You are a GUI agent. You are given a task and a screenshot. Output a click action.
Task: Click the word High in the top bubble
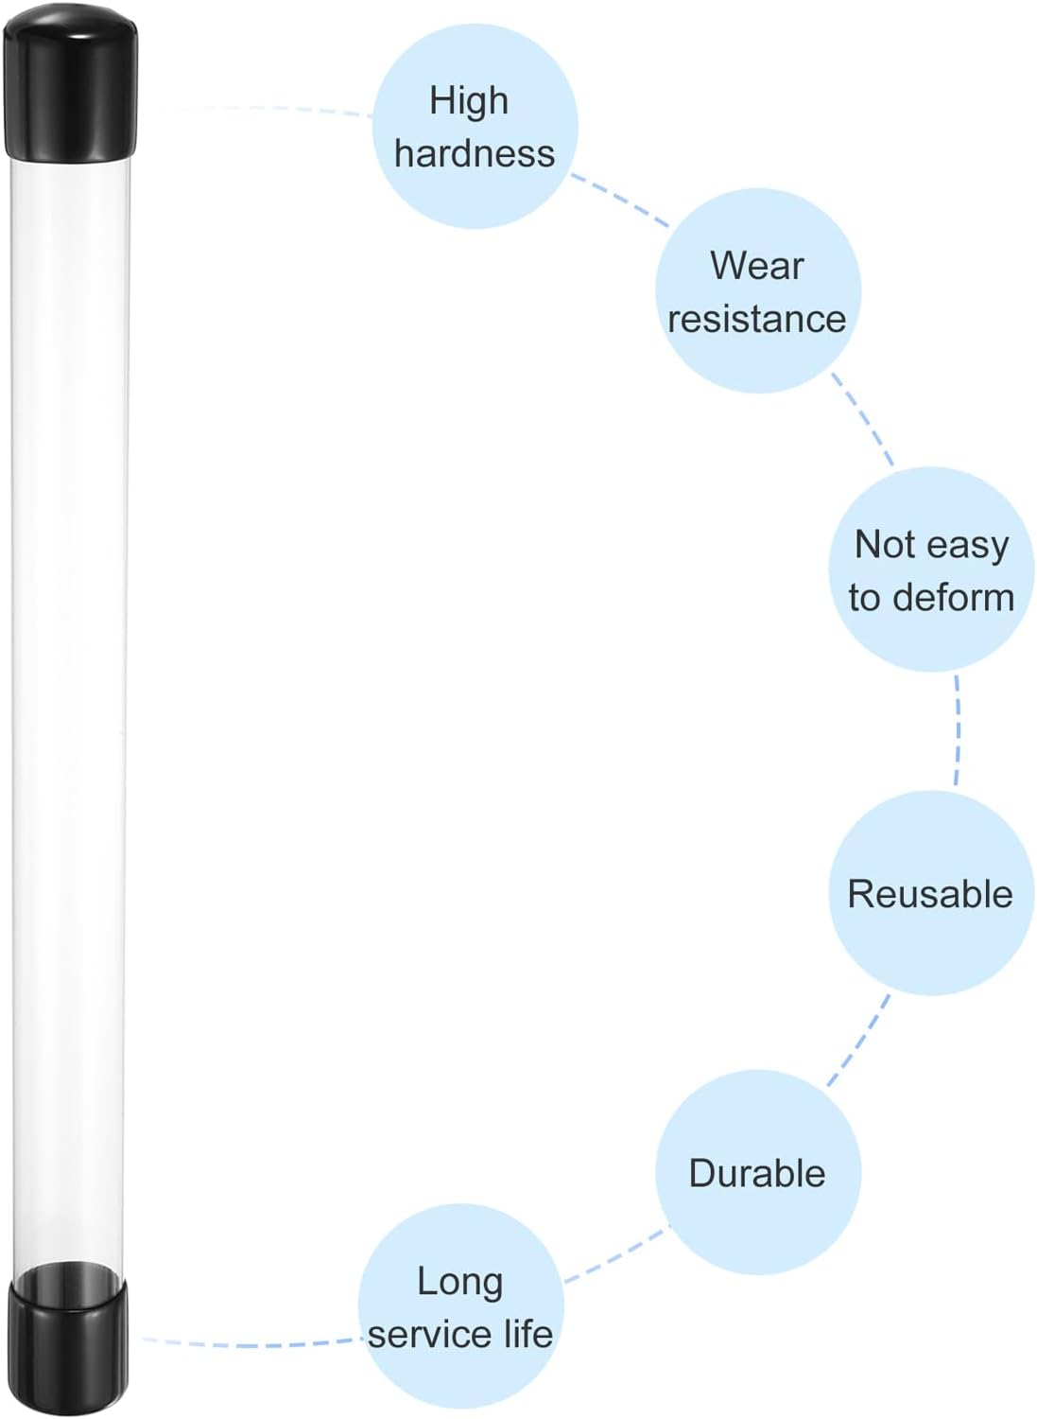pos(469,101)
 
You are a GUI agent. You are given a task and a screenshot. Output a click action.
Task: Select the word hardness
pos(475,153)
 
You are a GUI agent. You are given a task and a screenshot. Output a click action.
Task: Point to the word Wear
pos(756,266)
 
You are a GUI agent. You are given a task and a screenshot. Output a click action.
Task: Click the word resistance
pos(756,318)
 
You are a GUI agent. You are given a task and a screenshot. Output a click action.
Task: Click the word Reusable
pos(930,894)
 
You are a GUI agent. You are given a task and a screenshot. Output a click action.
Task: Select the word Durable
pos(757,1173)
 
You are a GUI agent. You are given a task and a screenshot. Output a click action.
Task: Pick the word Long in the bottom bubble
pos(460,1283)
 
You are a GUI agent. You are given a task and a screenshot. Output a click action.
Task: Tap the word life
pos(529,1334)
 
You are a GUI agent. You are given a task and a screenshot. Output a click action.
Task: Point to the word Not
pos(883,545)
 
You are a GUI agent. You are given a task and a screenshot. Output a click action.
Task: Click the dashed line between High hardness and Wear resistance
pos(620,201)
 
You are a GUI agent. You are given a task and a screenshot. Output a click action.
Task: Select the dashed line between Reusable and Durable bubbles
pos(858,1041)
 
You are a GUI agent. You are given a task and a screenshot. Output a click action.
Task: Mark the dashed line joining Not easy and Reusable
pos(958,730)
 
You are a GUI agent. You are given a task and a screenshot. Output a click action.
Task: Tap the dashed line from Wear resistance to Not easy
pos(861,419)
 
